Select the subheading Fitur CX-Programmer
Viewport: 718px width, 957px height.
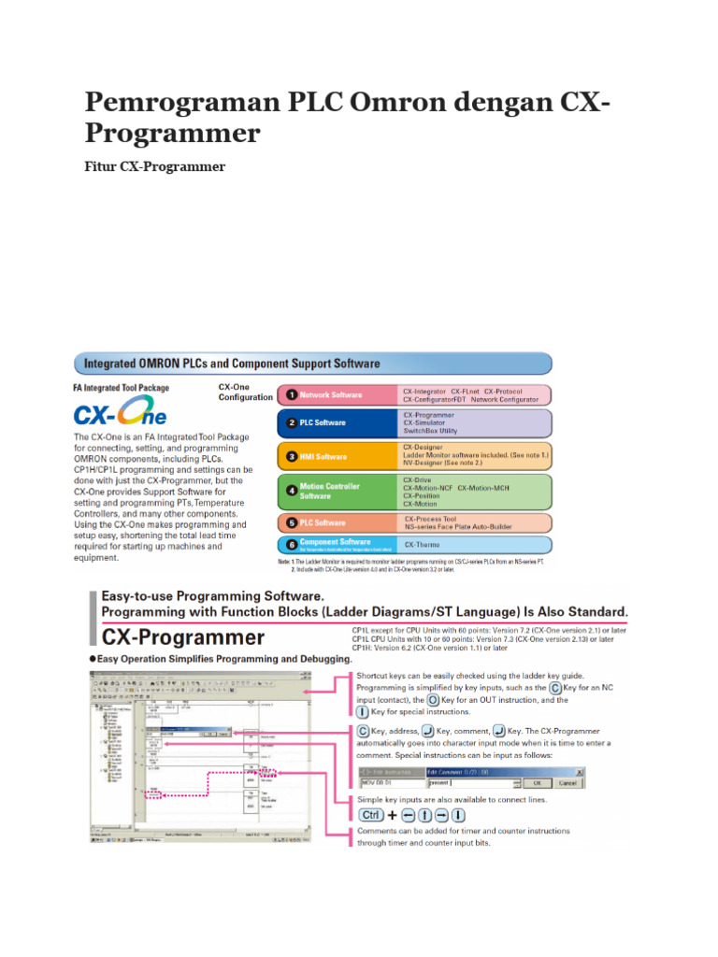point(154,166)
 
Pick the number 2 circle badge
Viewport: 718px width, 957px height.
point(291,422)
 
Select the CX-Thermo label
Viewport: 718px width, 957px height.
point(423,544)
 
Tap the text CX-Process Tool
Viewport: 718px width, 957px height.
point(430,519)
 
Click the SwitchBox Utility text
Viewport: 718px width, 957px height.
point(430,431)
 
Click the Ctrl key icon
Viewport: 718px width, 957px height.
point(371,815)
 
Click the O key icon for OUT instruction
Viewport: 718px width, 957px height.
point(433,699)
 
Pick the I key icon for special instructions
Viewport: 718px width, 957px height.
point(363,712)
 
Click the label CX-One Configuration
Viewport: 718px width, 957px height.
point(245,391)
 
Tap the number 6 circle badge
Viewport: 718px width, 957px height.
point(291,543)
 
